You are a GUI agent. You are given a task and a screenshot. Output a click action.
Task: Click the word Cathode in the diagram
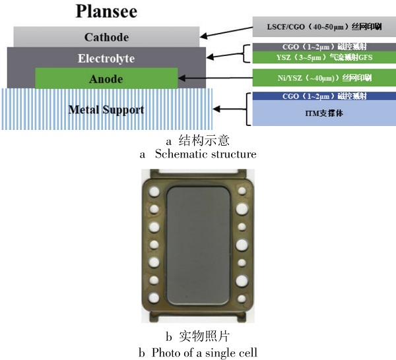pos(106,37)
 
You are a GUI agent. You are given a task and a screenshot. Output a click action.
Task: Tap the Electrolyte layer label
pos(106,58)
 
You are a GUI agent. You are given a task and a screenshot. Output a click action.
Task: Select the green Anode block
pos(106,78)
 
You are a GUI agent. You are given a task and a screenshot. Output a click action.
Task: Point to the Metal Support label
pos(106,109)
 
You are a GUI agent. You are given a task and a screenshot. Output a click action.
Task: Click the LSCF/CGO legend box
pos(318,28)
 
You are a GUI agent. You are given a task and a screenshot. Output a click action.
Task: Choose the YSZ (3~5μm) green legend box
pos(318,57)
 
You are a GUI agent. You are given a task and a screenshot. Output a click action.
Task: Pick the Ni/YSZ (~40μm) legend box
pos(318,77)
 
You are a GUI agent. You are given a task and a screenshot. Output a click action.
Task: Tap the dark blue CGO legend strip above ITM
pos(318,96)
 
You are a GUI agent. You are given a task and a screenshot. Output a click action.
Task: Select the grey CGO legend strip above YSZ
pos(318,46)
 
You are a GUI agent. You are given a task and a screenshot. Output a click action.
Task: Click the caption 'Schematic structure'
pos(205,154)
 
